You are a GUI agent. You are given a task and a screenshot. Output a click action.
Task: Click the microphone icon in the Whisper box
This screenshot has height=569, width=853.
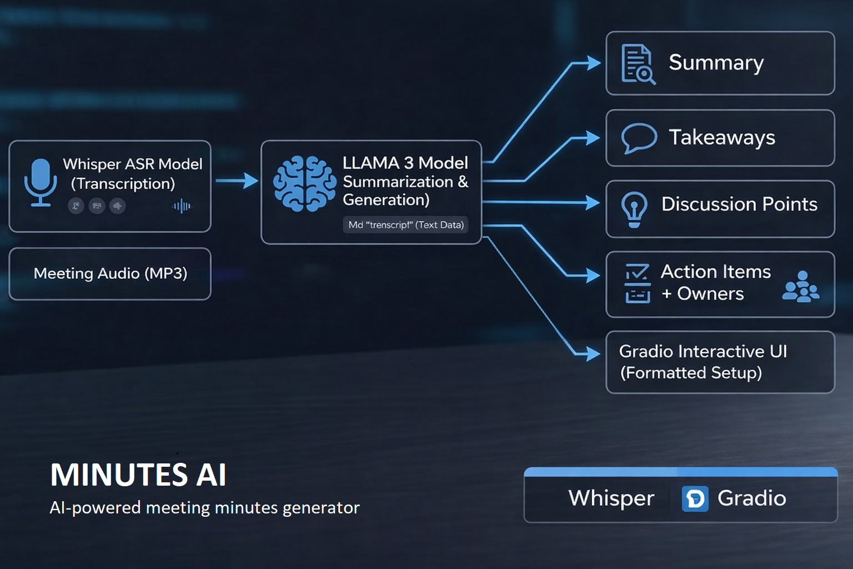[41, 182]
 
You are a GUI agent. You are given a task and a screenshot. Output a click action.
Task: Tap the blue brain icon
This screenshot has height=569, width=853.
[304, 183]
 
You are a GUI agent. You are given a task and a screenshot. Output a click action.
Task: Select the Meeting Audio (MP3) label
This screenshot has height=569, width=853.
[110, 273]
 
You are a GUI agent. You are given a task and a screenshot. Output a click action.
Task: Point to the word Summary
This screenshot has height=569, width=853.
[716, 63]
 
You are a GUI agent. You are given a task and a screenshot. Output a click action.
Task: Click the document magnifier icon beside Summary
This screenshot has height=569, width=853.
[638, 64]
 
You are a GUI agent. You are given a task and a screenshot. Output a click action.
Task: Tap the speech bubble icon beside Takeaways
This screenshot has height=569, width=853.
[639, 137]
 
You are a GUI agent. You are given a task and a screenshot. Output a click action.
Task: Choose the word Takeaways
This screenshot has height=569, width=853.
[721, 137]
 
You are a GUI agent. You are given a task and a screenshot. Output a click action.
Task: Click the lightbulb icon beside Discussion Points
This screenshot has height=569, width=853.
[634, 209]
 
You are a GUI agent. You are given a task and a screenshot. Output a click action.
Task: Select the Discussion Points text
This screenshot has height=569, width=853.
[739, 204]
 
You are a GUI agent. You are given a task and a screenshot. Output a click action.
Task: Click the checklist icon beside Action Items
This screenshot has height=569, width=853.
[637, 283]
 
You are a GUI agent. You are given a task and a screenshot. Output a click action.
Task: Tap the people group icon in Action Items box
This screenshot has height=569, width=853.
[800, 287]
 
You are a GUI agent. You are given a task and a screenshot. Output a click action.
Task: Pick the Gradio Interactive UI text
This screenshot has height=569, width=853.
[703, 352]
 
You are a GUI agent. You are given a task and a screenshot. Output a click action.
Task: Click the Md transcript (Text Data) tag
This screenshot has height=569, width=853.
[405, 225]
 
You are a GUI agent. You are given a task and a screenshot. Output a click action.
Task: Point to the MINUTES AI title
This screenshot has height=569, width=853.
[138, 475]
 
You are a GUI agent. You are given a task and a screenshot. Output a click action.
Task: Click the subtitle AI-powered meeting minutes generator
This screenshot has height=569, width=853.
[204, 508]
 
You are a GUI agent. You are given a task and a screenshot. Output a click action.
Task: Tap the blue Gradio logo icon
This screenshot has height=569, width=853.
[695, 498]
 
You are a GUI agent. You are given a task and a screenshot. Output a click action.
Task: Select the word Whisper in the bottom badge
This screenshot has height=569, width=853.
[611, 498]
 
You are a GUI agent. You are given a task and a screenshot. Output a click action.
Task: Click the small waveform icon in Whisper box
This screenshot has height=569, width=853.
[182, 206]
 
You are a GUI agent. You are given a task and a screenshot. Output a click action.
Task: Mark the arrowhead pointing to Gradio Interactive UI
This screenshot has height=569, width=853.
[593, 353]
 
